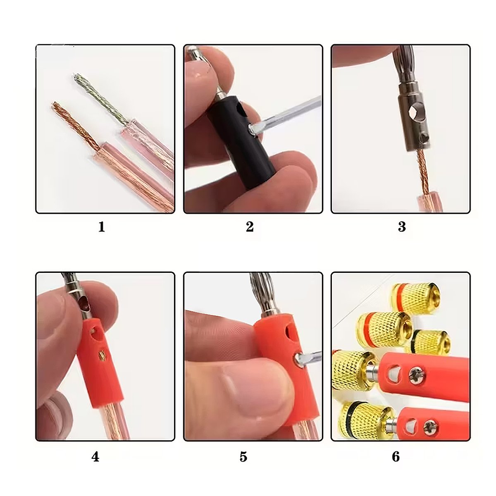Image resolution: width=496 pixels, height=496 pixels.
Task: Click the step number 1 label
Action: tap(102, 227)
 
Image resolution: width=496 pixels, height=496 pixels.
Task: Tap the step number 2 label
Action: tap(250, 227)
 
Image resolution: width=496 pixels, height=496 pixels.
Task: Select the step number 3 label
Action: tap(402, 227)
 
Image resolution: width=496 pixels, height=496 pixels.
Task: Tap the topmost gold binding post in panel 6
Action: tap(415, 296)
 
